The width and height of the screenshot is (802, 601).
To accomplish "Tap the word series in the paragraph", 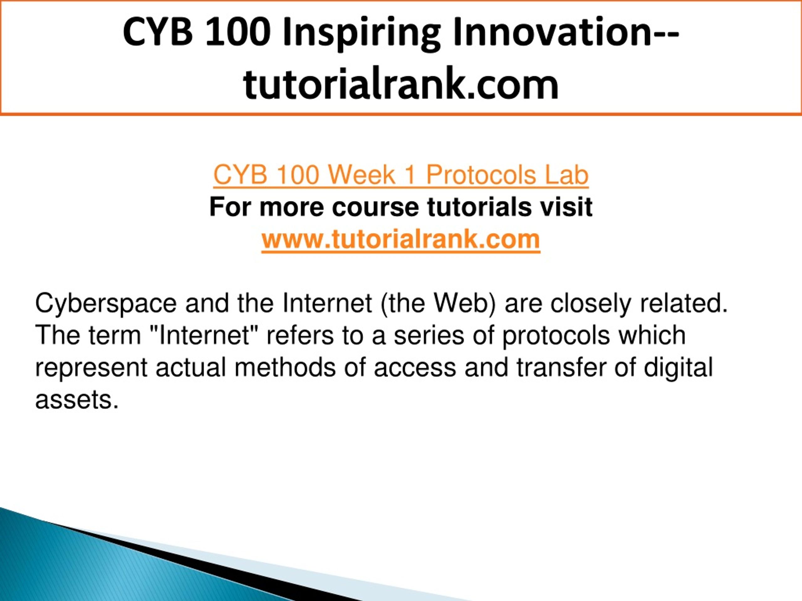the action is tap(429, 335).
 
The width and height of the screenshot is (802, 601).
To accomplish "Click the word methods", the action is tap(284, 367).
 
